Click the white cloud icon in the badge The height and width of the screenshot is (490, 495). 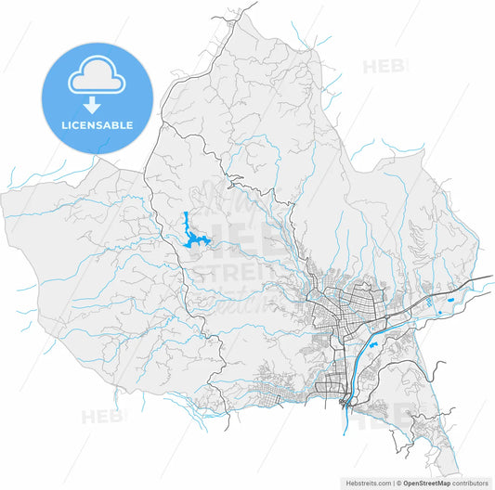pos(97,77)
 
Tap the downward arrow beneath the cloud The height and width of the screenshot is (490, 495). pos(97,106)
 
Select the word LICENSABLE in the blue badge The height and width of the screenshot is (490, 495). pos(97,124)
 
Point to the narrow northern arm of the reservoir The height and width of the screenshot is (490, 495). pos(186,223)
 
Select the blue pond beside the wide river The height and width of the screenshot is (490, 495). pos(372,345)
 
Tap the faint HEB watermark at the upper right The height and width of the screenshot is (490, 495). pos(384,66)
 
